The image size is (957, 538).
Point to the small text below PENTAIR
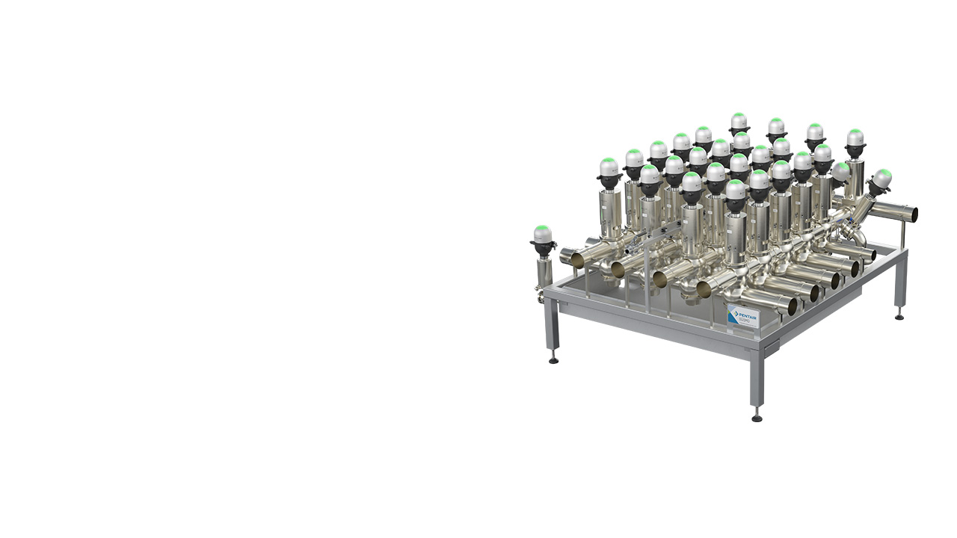(748, 321)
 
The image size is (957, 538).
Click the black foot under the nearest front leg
(757, 417)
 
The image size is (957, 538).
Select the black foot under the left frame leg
(553, 359)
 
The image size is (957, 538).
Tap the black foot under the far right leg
(899, 316)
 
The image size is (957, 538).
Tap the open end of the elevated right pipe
(913, 213)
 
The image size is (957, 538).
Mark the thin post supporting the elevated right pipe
(902, 235)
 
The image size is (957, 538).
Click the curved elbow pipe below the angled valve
(858, 238)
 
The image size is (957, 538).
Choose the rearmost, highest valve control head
(739, 121)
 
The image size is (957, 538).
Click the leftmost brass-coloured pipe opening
(577, 259)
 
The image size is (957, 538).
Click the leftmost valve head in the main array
(609, 167)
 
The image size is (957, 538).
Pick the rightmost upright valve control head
(855, 138)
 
